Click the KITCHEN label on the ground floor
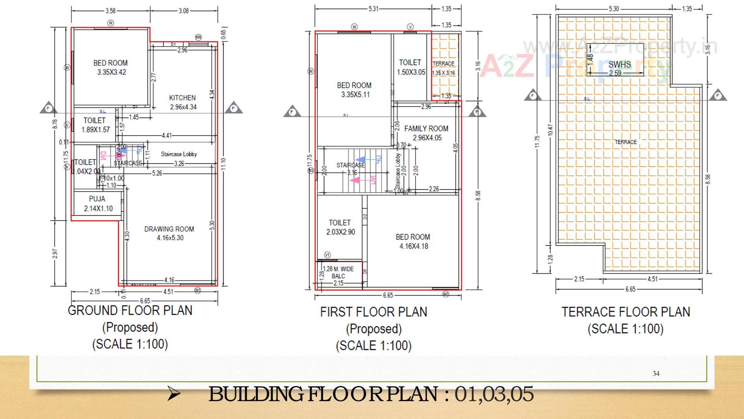182,98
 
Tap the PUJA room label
97,199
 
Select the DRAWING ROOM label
169,229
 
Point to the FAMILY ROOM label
426,128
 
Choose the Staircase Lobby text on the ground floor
179,154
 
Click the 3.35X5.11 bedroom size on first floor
354,95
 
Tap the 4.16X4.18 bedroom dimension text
413,246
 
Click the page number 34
656,374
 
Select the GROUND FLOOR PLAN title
130,311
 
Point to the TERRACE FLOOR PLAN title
626,312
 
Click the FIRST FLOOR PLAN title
374,312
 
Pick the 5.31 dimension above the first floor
373,9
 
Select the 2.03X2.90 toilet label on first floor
340,232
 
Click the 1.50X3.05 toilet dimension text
411,72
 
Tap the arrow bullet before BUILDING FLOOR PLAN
173,395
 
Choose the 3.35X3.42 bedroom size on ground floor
111,72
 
